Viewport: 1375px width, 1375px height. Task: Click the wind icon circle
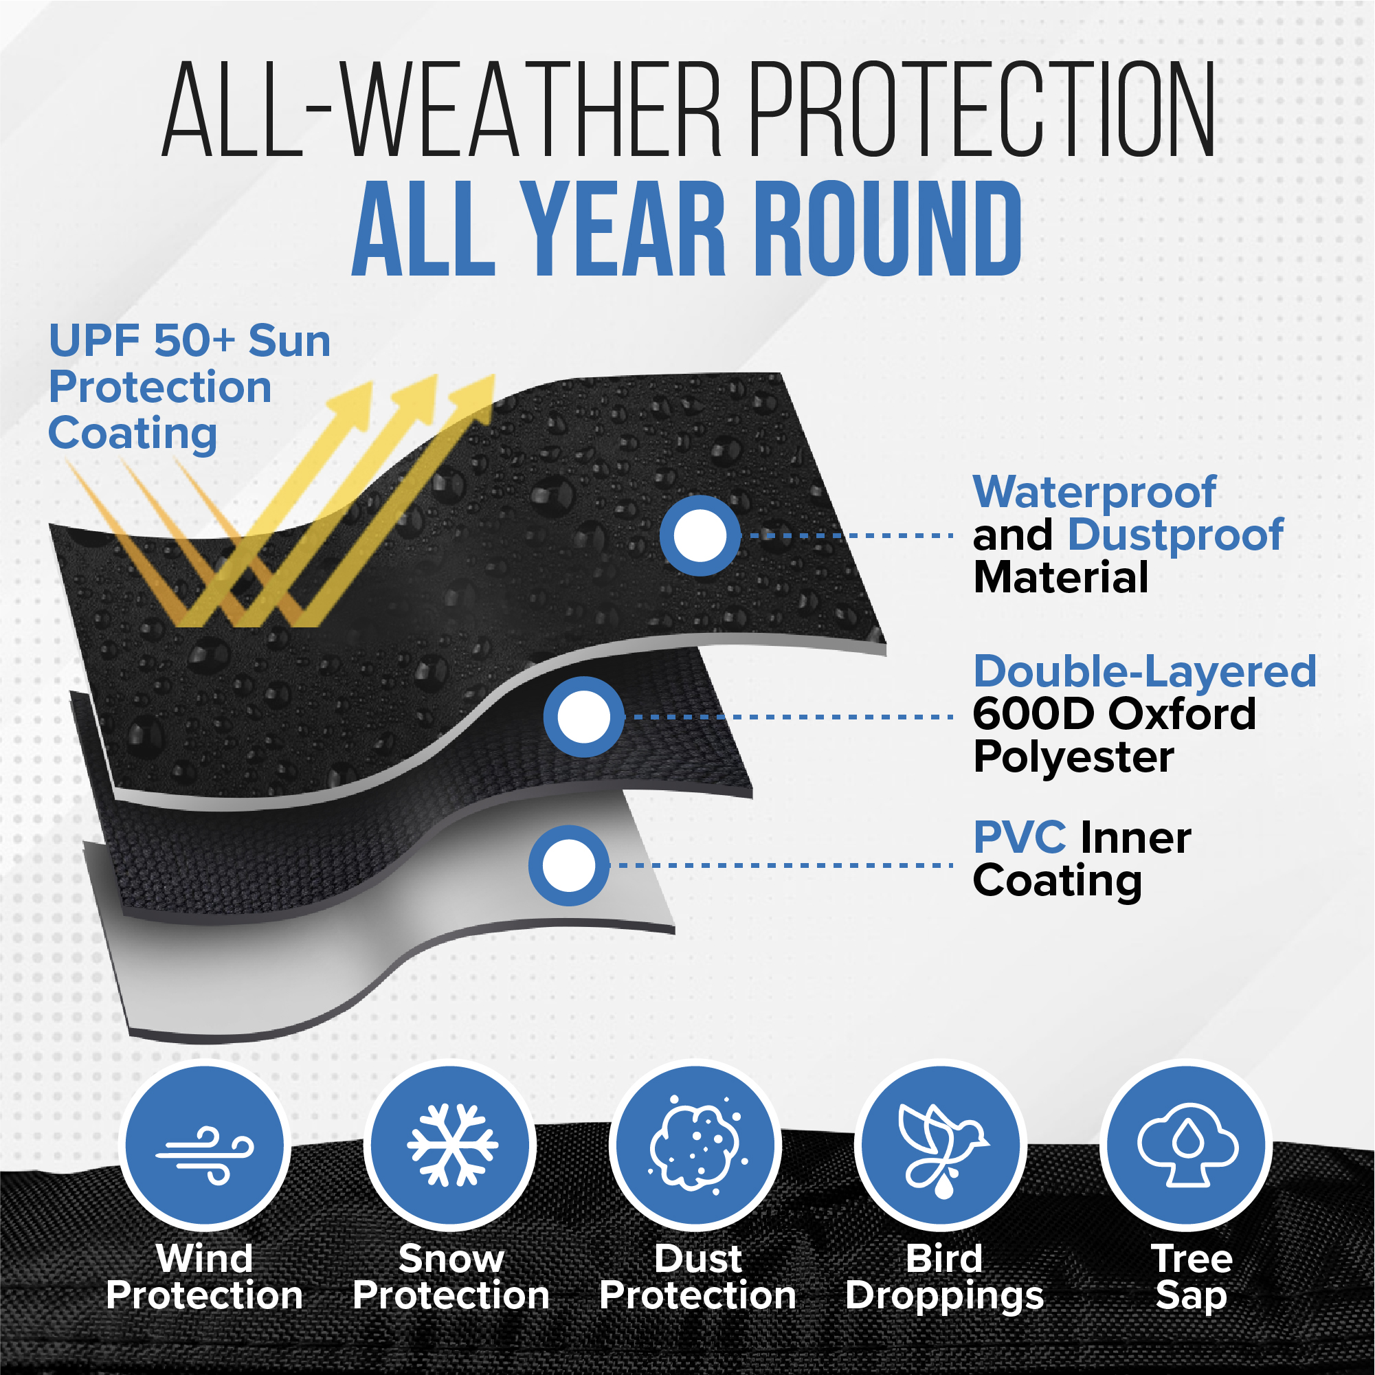coord(204,1145)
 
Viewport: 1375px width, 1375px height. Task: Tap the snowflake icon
coord(451,1145)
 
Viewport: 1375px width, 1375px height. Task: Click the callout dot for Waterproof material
coord(700,535)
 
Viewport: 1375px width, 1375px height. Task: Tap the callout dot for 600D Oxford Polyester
coord(583,717)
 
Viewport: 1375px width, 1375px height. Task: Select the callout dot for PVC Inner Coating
coord(569,865)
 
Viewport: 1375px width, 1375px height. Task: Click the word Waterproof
coord(1095,493)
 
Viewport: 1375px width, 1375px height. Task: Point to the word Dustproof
coord(1176,535)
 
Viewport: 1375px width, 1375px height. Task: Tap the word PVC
coord(1020,838)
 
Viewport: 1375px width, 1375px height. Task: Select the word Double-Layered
coord(1145,673)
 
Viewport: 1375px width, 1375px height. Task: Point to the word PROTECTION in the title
coord(983,108)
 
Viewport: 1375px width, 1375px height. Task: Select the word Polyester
coord(1074,757)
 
